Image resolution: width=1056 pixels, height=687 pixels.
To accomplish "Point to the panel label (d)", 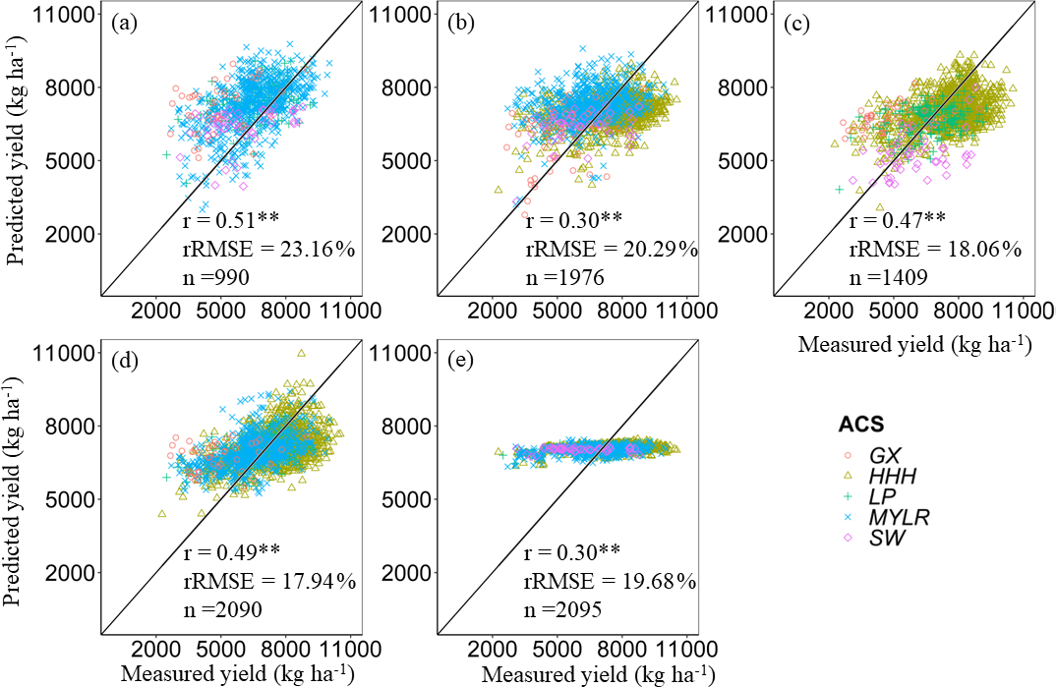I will pyautogui.click(x=125, y=361).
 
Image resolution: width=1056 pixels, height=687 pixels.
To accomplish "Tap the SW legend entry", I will pyautogui.click(x=883, y=539).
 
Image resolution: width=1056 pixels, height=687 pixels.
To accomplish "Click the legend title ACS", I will pyautogui.click(x=860, y=426).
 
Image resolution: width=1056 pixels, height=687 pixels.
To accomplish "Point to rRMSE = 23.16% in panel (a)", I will pyautogui.click(x=268, y=249).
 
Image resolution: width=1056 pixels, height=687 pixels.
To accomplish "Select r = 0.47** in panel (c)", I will pyautogui.click(x=897, y=219).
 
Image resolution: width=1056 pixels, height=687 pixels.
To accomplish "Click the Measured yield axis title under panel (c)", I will pyautogui.click(x=914, y=345).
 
